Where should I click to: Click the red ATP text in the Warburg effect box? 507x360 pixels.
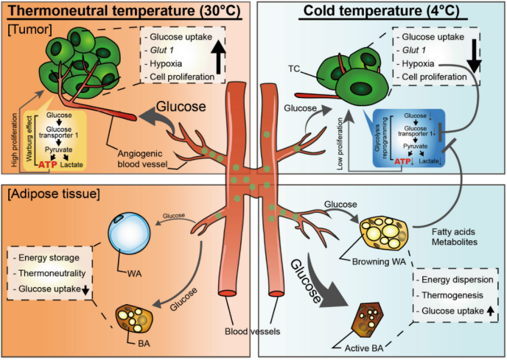pos(48,165)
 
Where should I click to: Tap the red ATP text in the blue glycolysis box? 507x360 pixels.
pos(402,161)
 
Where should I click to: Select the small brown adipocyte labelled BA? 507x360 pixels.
pos(135,318)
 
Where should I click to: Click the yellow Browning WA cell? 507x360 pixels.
pos(385,233)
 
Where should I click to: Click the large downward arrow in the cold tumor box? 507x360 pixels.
pos(474,55)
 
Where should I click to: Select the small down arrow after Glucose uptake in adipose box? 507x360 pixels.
pos(85,290)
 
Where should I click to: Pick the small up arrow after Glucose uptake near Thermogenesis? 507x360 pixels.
pos(490,311)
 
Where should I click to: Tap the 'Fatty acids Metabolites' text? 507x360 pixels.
pos(454,237)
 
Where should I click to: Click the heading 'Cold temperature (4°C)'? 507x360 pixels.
pos(382,10)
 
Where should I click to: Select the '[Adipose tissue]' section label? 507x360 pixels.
pos(54,194)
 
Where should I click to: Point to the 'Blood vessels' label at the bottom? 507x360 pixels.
pos(253,331)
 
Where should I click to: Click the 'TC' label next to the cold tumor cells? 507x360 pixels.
pos(294,68)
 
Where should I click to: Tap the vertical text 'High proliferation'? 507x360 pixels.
pos(15,140)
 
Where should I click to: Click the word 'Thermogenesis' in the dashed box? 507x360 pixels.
pos(452,295)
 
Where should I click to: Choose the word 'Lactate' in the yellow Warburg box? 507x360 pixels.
pos(71,165)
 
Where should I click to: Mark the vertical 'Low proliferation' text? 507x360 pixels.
pos(340,144)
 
